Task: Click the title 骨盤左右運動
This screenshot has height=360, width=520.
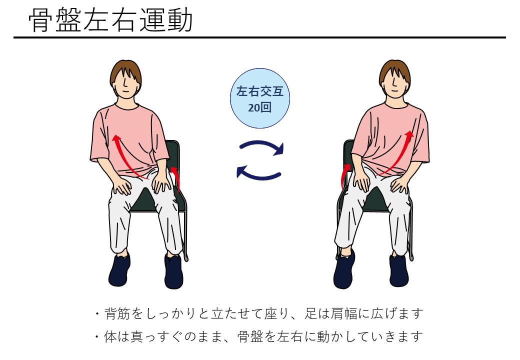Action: click(x=110, y=20)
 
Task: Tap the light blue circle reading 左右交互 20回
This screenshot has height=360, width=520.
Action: click(x=260, y=98)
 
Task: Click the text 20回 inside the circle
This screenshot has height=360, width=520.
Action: click(x=259, y=107)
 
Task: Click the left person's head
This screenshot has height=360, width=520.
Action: click(x=125, y=79)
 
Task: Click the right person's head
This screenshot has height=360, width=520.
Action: click(x=394, y=79)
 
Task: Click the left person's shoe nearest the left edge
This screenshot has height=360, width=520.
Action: click(x=119, y=269)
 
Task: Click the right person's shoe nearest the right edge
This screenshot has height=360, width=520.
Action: click(x=398, y=270)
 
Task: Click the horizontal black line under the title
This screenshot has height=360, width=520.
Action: click(x=259, y=37)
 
